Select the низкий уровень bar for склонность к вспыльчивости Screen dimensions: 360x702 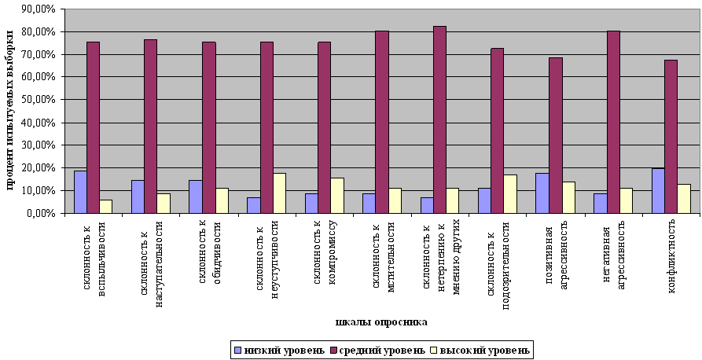pyautogui.click(x=80, y=192)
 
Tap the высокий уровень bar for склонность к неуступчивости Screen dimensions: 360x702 pyautogui.click(x=279, y=193)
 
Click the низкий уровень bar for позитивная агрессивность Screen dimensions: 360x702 pyautogui.click(x=542, y=193)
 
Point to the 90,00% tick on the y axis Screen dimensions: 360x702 pyautogui.click(x=39, y=9)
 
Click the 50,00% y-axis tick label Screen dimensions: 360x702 pyautogui.click(x=39, y=100)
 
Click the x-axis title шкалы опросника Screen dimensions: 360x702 pyautogui.click(x=381, y=321)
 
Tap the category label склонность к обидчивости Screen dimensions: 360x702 pyautogui.click(x=208, y=260)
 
